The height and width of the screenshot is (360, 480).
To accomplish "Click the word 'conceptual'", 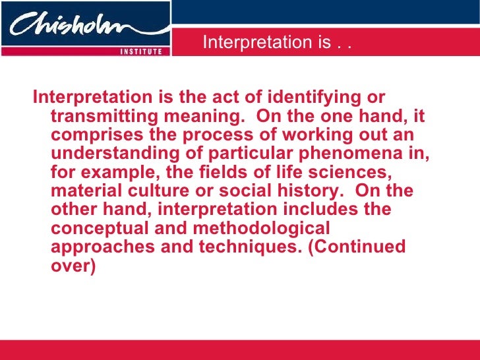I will [x=95, y=229].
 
